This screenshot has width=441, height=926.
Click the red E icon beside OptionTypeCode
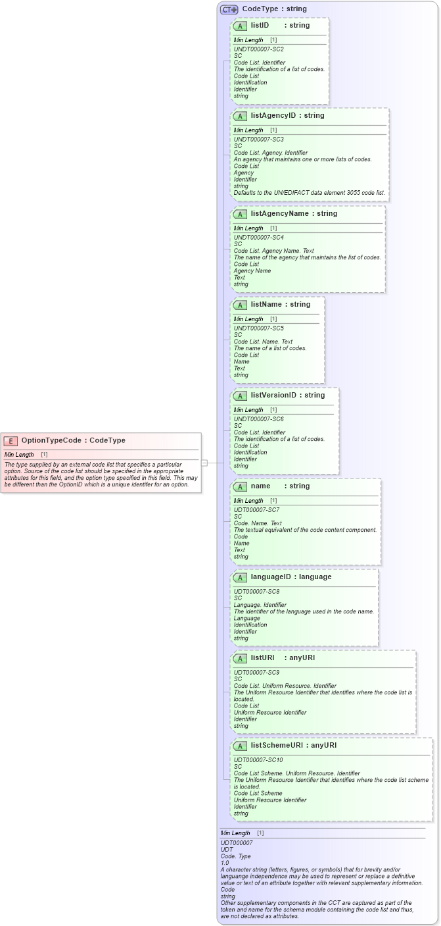(11, 441)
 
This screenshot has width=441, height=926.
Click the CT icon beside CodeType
(229, 9)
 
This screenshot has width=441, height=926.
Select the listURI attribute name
(262, 657)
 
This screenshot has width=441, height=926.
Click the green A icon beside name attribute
(240, 486)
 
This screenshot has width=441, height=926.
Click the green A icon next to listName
(240, 305)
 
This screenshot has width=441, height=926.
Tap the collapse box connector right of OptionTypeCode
(204, 463)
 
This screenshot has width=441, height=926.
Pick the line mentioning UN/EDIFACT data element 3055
(310, 193)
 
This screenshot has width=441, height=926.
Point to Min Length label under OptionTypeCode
(19, 455)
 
